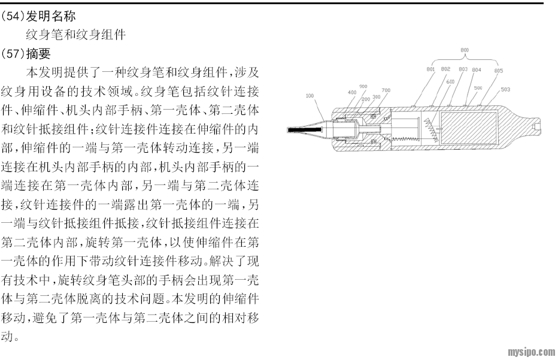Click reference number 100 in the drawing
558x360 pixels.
(310, 95)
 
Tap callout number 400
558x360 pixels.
(351, 92)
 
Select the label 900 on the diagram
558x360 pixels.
(363, 86)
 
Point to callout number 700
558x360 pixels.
(386, 90)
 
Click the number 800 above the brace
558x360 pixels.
(465, 50)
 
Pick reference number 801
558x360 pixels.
(430, 70)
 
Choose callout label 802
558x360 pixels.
(446, 69)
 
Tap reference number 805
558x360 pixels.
(499, 70)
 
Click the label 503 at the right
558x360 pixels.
(505, 90)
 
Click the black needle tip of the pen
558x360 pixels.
(297, 129)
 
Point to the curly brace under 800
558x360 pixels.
(465, 60)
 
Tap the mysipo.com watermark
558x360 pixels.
(531, 352)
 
